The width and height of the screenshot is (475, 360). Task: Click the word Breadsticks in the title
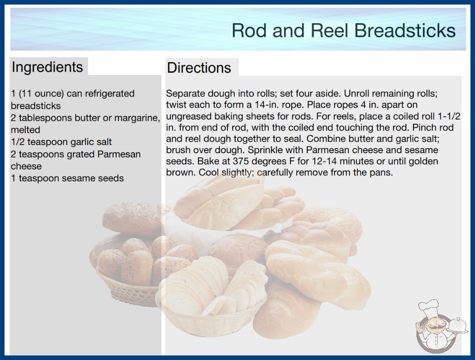click(405, 30)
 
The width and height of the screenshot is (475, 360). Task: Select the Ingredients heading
click(47, 67)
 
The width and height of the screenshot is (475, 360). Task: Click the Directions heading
click(199, 68)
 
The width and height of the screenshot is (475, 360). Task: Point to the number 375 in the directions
click(241, 161)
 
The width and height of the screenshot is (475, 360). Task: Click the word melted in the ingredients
click(25, 130)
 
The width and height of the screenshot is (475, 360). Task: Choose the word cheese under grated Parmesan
click(26, 166)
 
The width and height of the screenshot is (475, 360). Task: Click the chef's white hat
click(429, 307)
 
